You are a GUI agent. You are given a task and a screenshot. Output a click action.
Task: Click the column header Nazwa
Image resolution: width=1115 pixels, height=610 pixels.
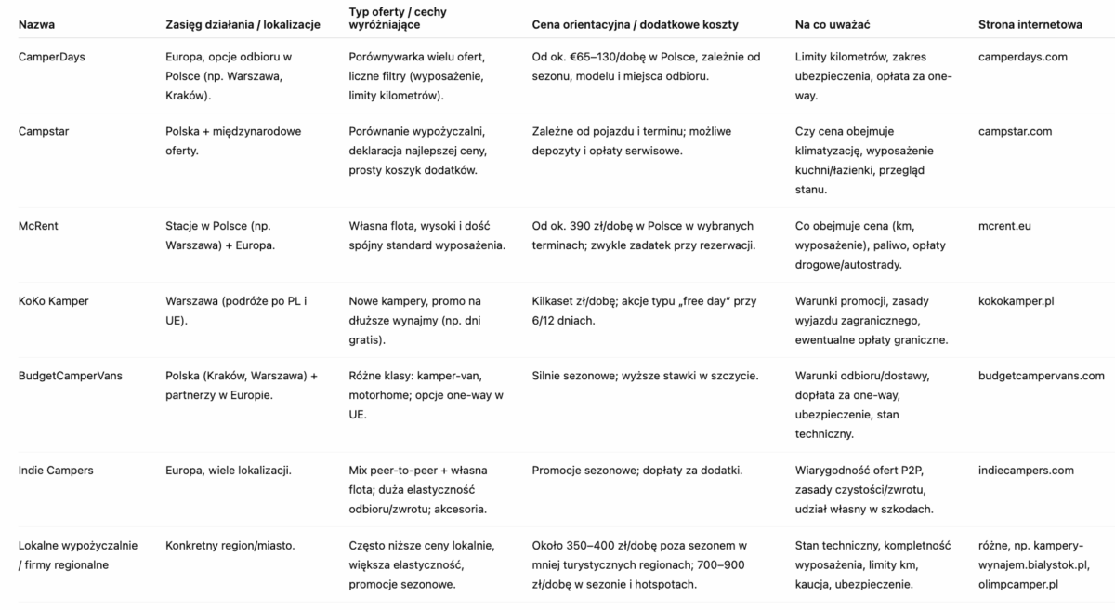point(36,24)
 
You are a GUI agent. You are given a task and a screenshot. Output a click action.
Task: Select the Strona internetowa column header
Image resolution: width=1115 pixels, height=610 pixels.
point(1030,24)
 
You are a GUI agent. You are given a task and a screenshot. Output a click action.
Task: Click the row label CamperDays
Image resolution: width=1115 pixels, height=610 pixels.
point(52,57)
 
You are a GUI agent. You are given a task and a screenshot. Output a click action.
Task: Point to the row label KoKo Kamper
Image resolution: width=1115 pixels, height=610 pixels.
point(54,301)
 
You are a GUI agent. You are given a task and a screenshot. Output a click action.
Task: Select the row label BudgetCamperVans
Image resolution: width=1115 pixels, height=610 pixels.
point(70,376)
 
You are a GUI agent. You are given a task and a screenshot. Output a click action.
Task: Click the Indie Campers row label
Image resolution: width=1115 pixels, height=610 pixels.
point(56,471)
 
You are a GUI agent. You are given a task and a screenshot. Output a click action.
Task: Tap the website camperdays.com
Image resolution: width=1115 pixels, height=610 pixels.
point(1023,57)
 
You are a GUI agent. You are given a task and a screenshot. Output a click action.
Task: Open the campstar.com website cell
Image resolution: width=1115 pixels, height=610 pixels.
point(1015,131)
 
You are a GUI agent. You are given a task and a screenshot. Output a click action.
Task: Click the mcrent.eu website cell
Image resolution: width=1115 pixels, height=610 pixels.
point(1004,226)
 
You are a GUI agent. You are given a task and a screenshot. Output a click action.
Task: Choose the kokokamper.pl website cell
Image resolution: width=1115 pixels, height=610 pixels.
point(1016,301)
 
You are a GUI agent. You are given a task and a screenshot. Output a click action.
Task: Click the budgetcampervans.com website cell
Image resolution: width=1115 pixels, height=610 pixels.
point(1042,376)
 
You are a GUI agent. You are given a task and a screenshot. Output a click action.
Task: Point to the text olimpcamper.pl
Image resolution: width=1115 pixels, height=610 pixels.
point(1018,584)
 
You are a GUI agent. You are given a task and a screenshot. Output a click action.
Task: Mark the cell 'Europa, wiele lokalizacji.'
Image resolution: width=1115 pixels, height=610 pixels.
point(228,471)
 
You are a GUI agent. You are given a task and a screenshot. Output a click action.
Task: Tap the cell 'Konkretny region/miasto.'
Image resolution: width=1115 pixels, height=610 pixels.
point(230,545)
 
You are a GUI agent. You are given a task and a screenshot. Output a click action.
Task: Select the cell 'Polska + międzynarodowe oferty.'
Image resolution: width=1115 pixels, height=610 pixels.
point(227,140)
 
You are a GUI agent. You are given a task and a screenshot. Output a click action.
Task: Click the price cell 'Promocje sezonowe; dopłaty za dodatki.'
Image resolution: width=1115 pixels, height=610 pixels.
point(637,471)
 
